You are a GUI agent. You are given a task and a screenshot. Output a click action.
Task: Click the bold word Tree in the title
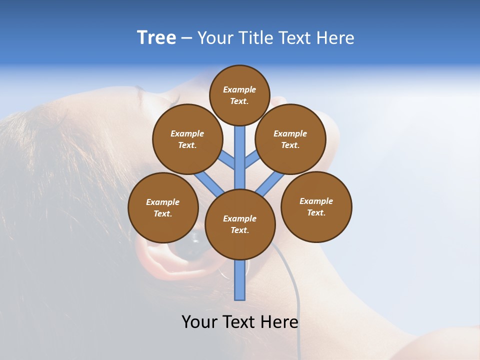[156, 38]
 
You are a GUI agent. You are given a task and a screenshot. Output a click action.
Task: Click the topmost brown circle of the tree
[239, 95]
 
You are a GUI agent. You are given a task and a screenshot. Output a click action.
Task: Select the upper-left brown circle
[187, 139]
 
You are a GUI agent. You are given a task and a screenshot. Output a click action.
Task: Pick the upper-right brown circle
[290, 139]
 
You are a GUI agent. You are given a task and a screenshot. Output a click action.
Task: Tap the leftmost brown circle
[163, 207]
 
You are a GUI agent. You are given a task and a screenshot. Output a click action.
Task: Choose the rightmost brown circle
[316, 206]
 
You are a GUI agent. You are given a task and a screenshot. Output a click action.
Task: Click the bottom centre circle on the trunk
[240, 224]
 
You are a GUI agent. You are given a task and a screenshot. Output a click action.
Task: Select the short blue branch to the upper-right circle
[252, 159]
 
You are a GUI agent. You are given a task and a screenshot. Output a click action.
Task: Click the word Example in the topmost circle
[239, 90]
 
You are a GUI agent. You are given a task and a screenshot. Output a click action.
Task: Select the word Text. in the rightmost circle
[316, 212]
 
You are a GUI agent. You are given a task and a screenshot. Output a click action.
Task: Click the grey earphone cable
[295, 290]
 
